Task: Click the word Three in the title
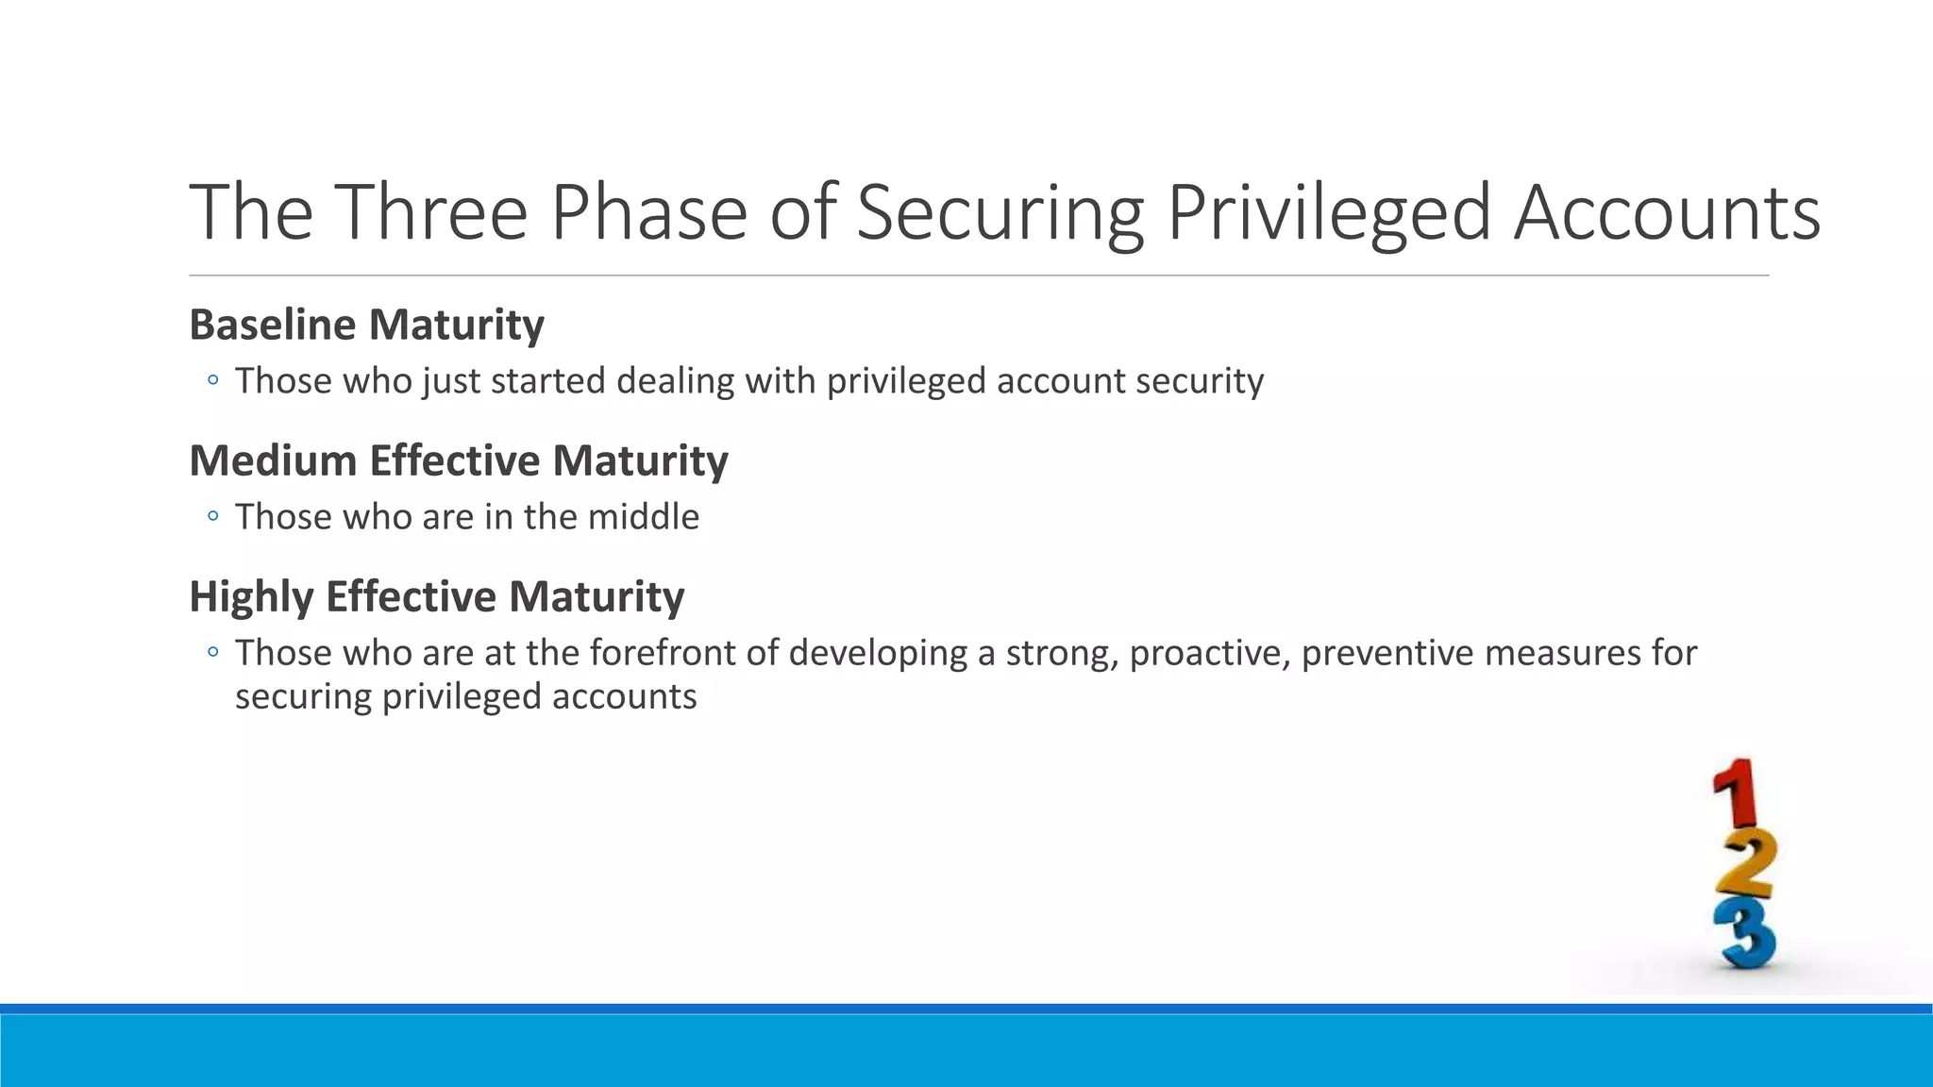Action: point(429,212)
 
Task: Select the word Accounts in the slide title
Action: point(1667,212)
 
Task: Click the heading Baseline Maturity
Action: point(366,325)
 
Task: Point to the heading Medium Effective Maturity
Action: point(459,460)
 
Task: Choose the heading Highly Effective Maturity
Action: point(437,596)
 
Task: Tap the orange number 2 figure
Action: point(1745,864)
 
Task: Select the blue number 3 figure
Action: point(1746,933)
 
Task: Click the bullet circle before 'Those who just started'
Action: point(213,380)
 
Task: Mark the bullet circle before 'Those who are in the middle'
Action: point(213,516)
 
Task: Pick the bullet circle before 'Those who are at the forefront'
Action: point(213,652)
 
